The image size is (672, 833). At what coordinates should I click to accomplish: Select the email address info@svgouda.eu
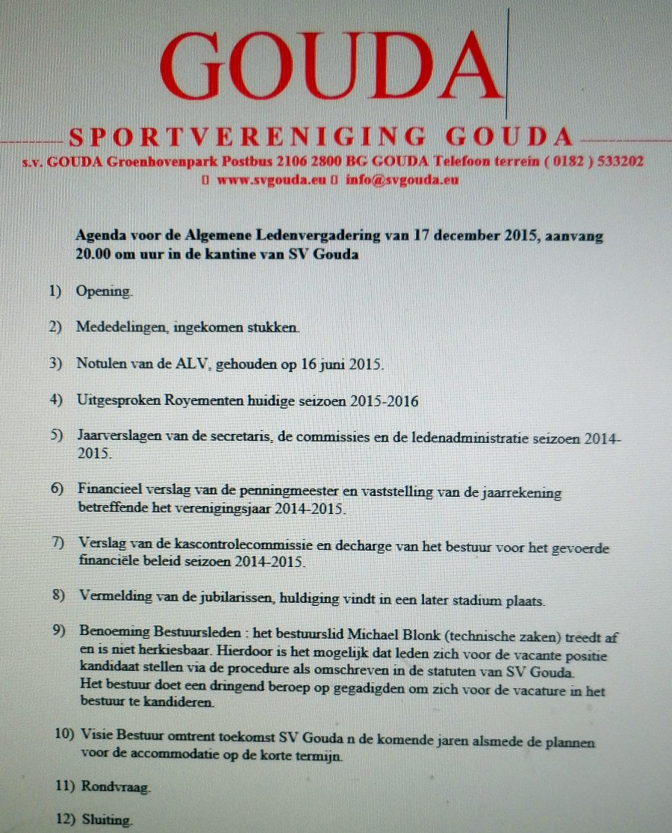(402, 180)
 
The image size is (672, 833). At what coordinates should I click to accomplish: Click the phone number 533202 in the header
(618, 161)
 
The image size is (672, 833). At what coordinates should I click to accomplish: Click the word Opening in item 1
(104, 291)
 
